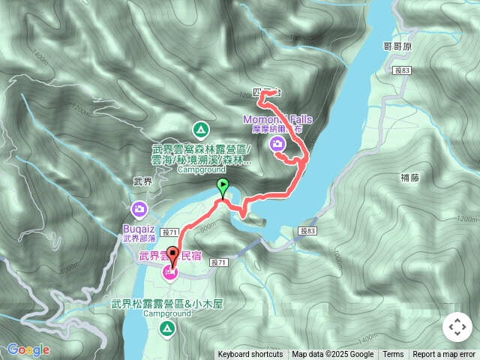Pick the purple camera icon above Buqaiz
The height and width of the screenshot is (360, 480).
click(x=139, y=208)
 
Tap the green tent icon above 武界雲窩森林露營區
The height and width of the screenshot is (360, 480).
click(x=200, y=127)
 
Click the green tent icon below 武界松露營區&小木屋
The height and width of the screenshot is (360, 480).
click(x=166, y=328)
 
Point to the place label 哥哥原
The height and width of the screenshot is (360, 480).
click(x=398, y=46)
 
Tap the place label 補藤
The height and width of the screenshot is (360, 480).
click(x=411, y=178)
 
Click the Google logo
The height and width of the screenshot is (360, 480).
click(x=28, y=349)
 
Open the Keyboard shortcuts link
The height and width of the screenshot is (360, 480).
click(x=250, y=355)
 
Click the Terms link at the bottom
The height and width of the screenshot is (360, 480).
click(x=393, y=355)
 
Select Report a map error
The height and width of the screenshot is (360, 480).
click(x=444, y=355)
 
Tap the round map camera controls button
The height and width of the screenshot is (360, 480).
click(x=457, y=327)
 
